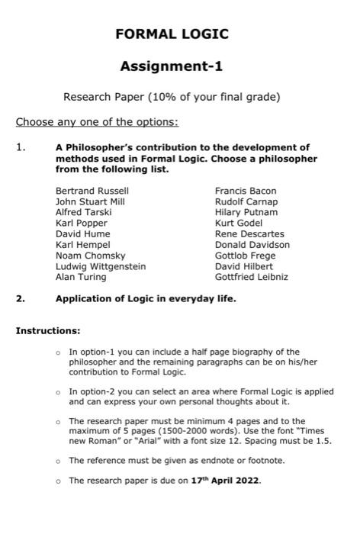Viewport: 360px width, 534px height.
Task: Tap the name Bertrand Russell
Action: tap(92, 191)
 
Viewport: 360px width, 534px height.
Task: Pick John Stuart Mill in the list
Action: tap(90, 201)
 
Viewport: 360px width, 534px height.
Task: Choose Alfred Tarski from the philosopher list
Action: tap(84, 212)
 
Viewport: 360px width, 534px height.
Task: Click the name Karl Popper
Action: tap(82, 223)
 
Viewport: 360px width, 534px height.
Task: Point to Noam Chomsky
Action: tap(90, 256)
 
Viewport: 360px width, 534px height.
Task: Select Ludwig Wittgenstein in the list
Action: tap(101, 266)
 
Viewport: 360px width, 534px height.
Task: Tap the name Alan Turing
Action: tap(81, 277)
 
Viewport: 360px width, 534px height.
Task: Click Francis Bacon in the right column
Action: tap(246, 191)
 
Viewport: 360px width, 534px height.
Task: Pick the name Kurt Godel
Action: tap(239, 223)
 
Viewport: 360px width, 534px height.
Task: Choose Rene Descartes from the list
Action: tap(249, 233)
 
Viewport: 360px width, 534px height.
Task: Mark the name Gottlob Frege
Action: tap(246, 256)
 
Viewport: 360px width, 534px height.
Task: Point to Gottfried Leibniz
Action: tap(252, 277)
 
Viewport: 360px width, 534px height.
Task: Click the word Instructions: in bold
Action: tap(48, 331)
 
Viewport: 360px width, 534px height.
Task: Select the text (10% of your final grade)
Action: tap(211, 97)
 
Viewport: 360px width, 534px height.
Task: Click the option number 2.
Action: tap(21, 299)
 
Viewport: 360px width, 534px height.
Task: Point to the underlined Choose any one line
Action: tap(97, 122)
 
